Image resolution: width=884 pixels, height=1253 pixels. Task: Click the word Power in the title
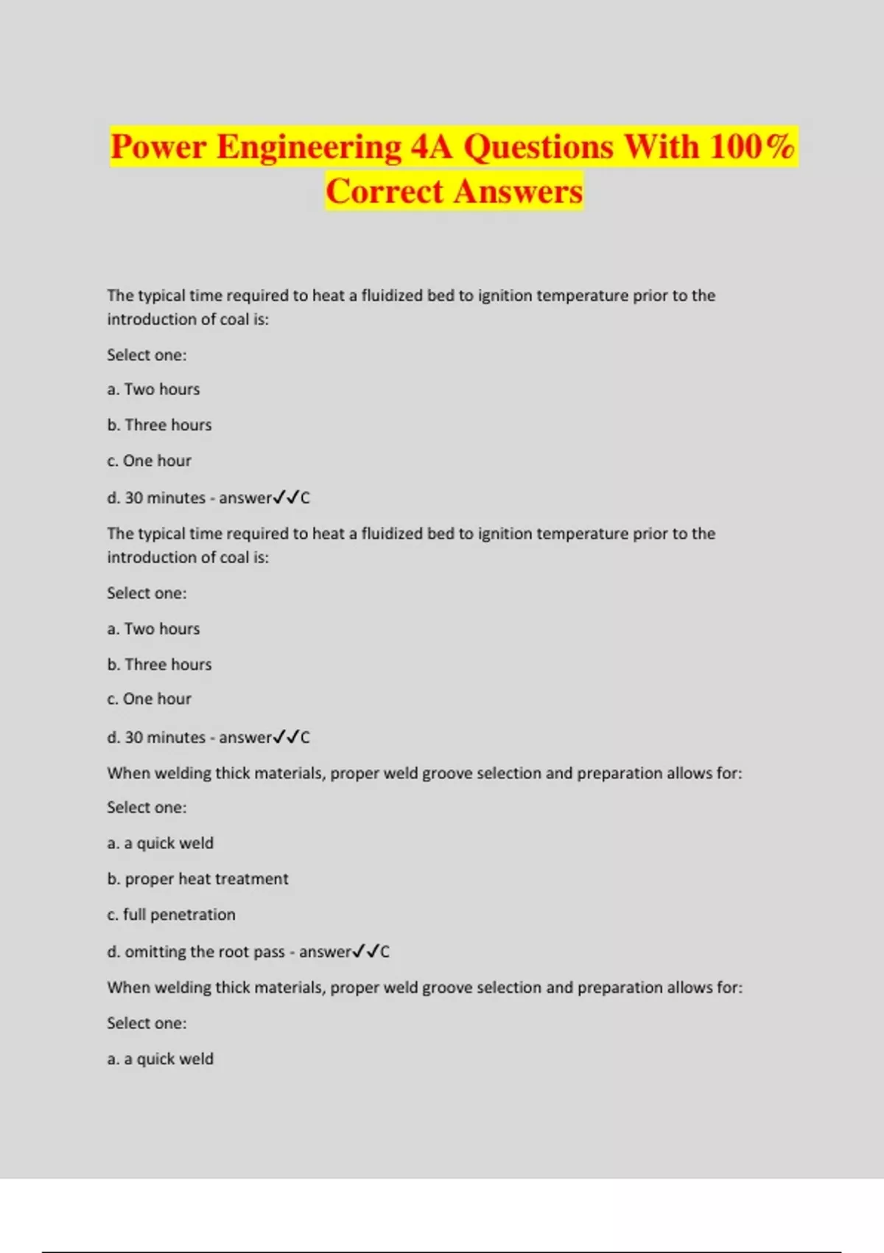coord(158,147)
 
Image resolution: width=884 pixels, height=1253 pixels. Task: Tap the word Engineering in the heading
coord(309,147)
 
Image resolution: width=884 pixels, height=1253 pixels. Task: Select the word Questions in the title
coord(539,147)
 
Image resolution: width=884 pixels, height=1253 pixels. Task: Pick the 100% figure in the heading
coord(752,147)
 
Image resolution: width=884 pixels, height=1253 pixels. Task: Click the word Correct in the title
coord(385,192)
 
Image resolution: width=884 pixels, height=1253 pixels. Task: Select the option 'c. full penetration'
coord(171,915)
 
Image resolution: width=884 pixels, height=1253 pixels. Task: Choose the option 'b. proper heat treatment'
coord(197,879)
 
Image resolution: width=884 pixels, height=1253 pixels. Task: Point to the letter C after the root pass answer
coord(385,952)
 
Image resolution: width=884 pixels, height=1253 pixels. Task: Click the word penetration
coord(193,915)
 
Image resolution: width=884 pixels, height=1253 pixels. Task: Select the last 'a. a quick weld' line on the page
coord(160,1059)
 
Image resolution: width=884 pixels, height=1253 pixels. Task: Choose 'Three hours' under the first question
coord(168,425)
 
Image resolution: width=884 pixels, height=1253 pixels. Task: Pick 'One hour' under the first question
coord(157,461)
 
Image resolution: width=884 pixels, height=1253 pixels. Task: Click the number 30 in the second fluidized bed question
coord(133,737)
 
